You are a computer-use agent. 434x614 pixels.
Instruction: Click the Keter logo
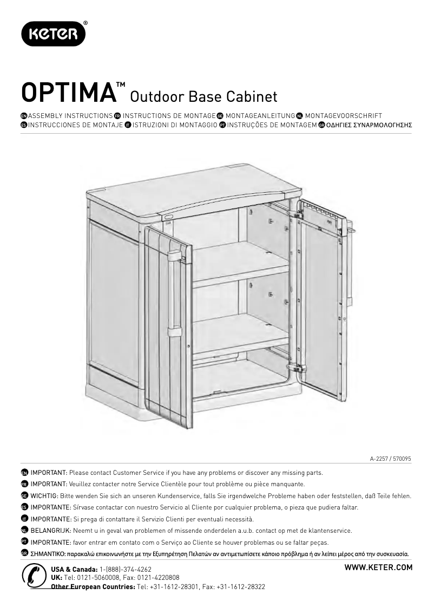click(53, 34)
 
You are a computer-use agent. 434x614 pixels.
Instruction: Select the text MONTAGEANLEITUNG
click(260, 116)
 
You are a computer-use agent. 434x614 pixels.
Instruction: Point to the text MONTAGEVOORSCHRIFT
click(343, 116)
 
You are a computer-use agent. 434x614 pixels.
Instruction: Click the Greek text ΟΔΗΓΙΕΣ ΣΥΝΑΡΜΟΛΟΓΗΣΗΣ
click(369, 125)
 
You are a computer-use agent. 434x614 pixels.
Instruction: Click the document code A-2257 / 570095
click(391, 459)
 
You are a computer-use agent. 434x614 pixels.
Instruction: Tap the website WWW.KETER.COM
click(378, 567)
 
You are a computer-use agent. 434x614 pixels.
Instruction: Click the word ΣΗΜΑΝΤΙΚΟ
click(48, 554)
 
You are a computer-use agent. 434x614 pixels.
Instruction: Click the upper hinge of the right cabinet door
click(299, 214)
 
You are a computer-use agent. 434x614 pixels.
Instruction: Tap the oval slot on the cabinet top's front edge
click(169, 216)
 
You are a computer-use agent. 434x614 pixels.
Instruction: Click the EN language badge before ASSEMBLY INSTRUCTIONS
click(24, 116)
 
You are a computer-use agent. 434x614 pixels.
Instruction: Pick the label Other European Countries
click(93, 587)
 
